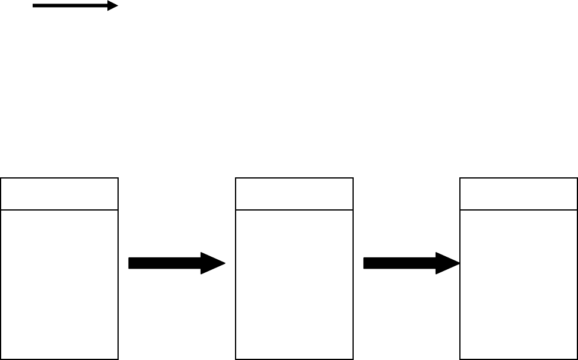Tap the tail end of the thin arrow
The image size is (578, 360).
click(34, 7)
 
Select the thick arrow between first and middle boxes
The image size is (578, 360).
click(172, 263)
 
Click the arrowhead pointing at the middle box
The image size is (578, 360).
click(213, 263)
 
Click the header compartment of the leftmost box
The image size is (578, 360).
click(59, 193)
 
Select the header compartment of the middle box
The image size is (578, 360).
click(294, 193)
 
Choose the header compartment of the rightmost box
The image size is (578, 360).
click(519, 193)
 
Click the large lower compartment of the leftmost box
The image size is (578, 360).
click(59, 284)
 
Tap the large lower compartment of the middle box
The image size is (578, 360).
click(294, 284)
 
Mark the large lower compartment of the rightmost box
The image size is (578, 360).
click(519, 284)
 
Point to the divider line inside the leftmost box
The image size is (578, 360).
click(59, 209)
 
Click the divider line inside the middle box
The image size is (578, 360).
click(294, 209)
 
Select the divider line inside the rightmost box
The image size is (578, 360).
click(519, 209)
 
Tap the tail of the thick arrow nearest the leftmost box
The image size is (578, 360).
click(131, 263)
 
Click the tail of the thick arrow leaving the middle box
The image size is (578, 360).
click(366, 263)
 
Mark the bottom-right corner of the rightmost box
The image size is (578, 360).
click(577, 358)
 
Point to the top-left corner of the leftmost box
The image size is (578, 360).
click(1, 178)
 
